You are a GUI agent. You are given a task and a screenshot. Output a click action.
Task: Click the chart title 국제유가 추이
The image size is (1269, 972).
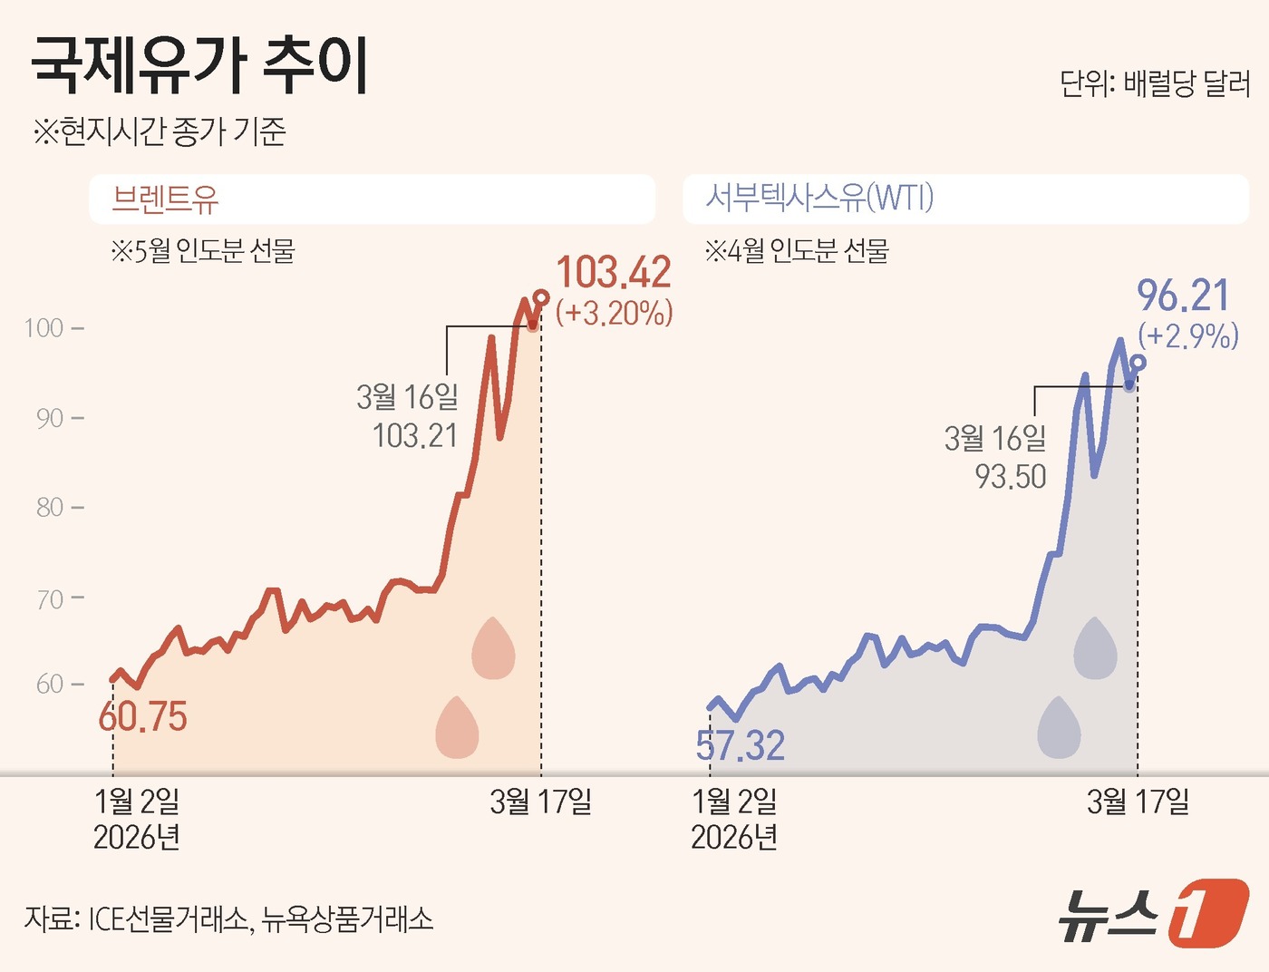click(x=200, y=65)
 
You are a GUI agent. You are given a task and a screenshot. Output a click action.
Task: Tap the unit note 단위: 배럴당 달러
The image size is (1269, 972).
click(x=1155, y=84)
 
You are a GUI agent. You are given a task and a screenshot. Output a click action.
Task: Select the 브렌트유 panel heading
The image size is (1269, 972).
click(x=165, y=199)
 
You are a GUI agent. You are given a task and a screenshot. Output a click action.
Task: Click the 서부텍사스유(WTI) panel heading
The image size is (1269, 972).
click(x=819, y=197)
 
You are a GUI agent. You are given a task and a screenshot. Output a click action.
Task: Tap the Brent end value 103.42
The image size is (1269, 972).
click(x=614, y=272)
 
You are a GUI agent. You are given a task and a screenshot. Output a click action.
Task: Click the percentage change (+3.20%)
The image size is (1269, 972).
click(x=614, y=314)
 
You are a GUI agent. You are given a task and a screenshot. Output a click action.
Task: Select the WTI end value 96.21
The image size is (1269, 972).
click(x=1183, y=296)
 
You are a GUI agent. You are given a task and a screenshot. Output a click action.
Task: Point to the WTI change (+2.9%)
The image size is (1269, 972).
click(x=1187, y=336)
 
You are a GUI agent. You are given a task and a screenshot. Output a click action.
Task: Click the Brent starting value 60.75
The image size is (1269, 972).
click(x=142, y=717)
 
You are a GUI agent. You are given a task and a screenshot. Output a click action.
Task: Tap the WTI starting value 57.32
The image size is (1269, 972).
click(x=740, y=745)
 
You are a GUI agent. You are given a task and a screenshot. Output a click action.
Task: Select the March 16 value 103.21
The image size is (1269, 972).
click(x=415, y=436)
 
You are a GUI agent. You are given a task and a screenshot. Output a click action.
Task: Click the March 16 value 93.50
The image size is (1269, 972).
click(x=1011, y=477)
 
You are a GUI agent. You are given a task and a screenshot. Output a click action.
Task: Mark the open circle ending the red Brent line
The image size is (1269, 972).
click(x=541, y=297)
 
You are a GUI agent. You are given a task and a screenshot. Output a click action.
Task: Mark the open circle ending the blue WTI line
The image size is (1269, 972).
click(x=1138, y=363)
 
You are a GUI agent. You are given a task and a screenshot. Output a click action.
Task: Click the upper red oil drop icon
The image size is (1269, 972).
click(x=493, y=648)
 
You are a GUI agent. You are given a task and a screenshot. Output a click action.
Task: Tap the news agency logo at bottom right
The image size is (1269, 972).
click(x=1153, y=913)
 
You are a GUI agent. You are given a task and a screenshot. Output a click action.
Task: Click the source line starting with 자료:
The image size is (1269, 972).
click(x=228, y=919)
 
